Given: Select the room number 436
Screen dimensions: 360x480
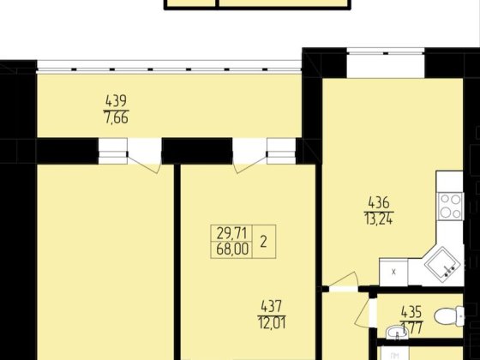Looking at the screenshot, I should point(379,202).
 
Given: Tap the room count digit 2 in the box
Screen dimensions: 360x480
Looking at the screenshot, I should point(263,241).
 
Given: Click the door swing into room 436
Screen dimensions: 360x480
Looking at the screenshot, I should point(347,283).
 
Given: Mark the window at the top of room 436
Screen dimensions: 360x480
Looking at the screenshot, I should point(386,61).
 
